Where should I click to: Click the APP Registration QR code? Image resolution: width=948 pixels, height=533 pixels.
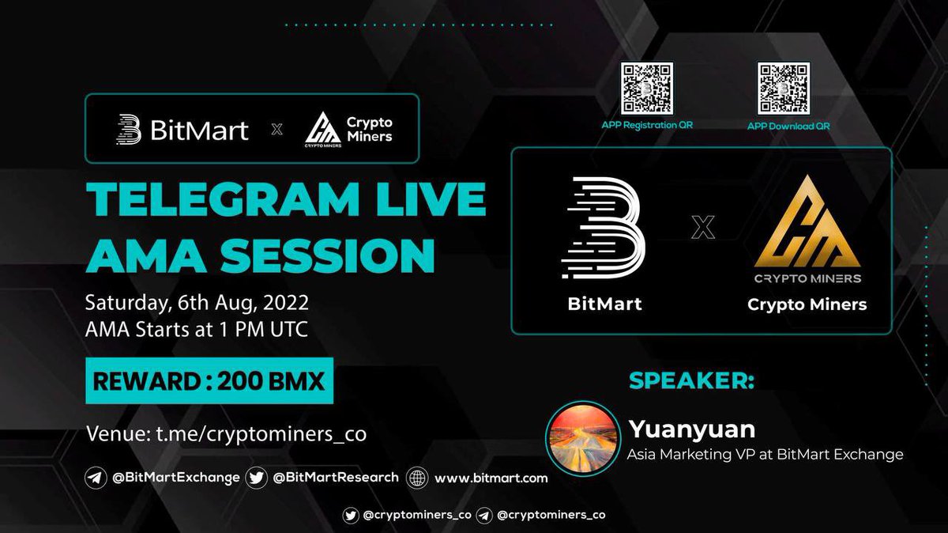tap(646, 89)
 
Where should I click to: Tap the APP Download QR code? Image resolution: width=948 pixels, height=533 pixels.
tap(784, 89)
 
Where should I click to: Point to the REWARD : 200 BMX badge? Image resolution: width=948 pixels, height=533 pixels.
tap(209, 383)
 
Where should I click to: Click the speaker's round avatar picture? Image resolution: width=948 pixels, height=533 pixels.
tap(581, 438)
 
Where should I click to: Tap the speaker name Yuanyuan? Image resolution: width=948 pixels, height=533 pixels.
tap(692, 429)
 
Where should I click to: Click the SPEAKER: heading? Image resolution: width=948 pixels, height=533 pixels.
tap(691, 381)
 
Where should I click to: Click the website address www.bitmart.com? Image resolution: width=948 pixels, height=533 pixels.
tap(491, 478)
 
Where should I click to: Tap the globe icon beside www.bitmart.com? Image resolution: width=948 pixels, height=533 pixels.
tap(417, 478)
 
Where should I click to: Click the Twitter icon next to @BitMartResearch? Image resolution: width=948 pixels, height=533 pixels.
tap(256, 478)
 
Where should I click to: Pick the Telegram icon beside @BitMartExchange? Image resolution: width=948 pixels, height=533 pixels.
tap(96, 478)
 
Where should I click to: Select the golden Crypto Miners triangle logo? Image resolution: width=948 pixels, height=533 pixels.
tap(807, 223)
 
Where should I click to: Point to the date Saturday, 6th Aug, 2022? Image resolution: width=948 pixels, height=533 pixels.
tap(197, 302)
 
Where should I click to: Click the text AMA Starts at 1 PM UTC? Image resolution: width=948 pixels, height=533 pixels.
tap(197, 328)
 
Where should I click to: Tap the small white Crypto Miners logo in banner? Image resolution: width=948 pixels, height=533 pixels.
tap(322, 128)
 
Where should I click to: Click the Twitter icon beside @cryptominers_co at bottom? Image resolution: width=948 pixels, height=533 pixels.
tap(351, 515)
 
